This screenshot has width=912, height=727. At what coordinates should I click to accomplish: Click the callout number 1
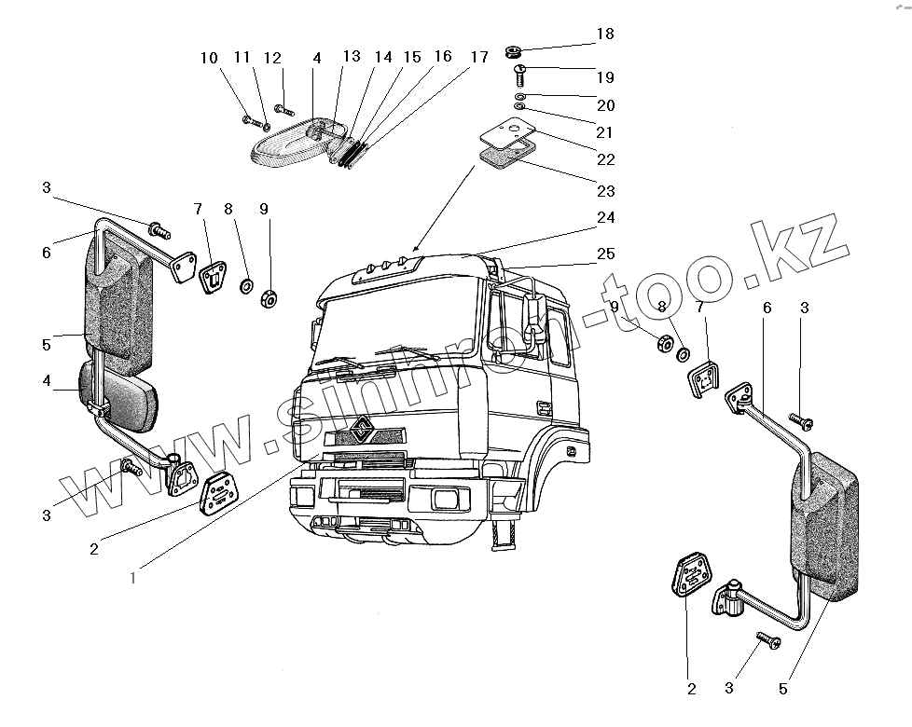(x=133, y=577)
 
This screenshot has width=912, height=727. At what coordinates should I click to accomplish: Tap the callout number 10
(x=208, y=58)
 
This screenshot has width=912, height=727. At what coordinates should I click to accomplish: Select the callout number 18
(x=605, y=34)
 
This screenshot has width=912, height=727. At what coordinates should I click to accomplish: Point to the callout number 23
(x=605, y=191)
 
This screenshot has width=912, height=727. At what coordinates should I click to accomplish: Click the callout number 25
(x=605, y=254)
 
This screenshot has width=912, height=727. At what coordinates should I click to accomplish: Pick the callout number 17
(x=478, y=58)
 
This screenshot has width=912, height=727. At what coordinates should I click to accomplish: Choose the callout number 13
(x=352, y=57)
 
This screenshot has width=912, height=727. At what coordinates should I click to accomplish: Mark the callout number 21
(x=605, y=132)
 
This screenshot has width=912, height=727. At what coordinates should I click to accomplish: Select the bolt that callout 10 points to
(x=249, y=119)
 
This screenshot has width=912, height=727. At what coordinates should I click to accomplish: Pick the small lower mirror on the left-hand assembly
(x=121, y=396)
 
